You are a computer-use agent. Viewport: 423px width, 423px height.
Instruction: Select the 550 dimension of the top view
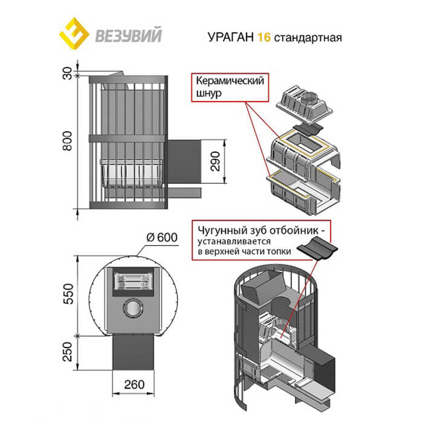(68, 294)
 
